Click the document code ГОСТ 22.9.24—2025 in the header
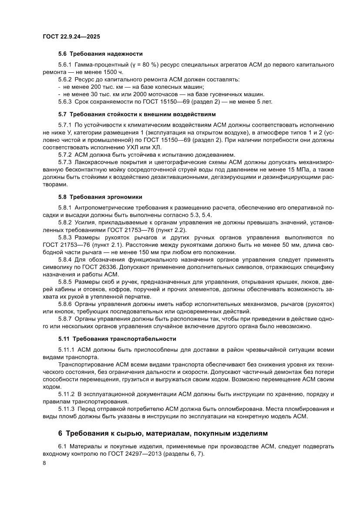click(x=71, y=37)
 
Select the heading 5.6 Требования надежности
click(x=101, y=54)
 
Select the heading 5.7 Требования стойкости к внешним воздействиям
click(x=137, y=115)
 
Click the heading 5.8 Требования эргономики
click(x=100, y=197)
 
